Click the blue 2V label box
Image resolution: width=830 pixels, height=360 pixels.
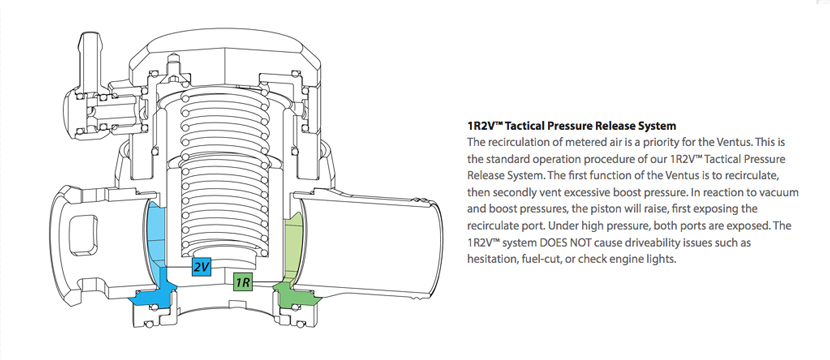[201, 267]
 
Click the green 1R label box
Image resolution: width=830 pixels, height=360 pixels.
[243, 282]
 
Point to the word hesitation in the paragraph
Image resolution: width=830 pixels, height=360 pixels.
[490, 259]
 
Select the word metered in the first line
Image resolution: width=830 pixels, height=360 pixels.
[566, 142]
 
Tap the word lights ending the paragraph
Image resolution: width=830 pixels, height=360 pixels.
[662, 260]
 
